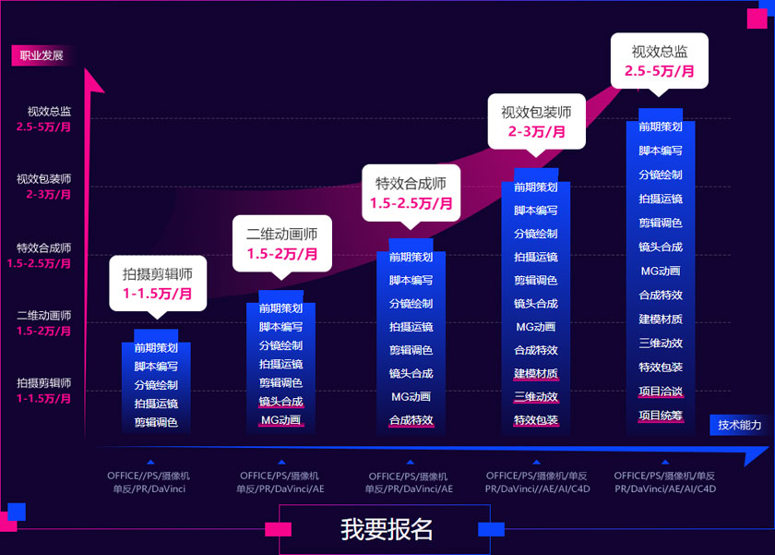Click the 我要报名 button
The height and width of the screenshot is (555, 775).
[387, 529]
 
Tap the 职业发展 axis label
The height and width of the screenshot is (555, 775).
[42, 55]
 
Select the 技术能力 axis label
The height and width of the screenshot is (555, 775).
[740, 425]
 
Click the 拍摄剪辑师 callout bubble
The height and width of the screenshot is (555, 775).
[157, 283]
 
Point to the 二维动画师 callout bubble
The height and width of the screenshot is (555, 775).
[281, 244]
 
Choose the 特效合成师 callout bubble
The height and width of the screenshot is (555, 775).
[411, 193]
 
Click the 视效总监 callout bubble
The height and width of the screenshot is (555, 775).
[659, 60]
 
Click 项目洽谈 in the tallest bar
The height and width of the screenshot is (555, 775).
[661, 392]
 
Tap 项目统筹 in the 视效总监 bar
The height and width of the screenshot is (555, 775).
[661, 416]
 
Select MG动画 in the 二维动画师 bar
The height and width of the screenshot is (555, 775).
[280, 420]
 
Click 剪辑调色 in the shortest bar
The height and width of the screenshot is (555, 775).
[156, 422]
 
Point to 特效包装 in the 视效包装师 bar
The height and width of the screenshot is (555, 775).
[536, 420]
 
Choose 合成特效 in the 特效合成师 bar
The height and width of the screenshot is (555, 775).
[411, 420]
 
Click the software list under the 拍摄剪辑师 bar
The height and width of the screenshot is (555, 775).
[150, 481]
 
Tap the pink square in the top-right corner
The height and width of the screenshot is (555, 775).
[756, 18]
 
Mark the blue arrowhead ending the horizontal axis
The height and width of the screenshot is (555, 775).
[755, 455]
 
